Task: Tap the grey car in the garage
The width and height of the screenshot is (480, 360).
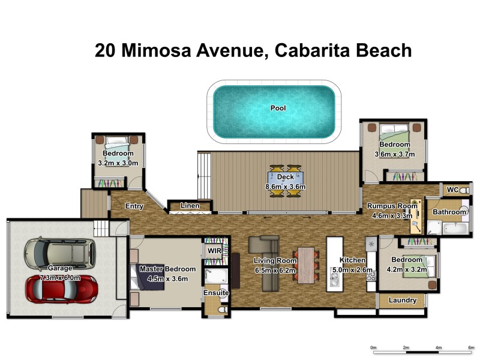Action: pos(59,253)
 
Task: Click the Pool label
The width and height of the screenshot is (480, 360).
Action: pos(278,109)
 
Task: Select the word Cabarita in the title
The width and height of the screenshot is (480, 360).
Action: pos(316,50)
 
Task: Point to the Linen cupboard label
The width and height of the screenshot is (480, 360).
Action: pos(190,206)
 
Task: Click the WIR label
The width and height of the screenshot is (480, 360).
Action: pos(214,251)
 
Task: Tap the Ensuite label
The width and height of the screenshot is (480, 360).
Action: pos(216,293)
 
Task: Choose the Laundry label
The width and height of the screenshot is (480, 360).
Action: pos(403,301)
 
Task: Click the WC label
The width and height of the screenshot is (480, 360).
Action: pos(453,190)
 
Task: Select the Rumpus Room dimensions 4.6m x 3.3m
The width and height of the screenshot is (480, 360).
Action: pos(392,215)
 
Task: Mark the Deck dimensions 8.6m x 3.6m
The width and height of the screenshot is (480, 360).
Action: pos(286,187)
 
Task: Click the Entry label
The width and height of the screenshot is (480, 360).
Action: pos(134,206)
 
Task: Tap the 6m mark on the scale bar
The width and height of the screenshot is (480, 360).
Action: pos(471,347)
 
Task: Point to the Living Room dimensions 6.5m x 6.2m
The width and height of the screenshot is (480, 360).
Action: pos(275,269)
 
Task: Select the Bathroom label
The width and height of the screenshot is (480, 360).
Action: pos(449,212)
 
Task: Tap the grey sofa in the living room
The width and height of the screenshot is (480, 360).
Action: pos(262,245)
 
